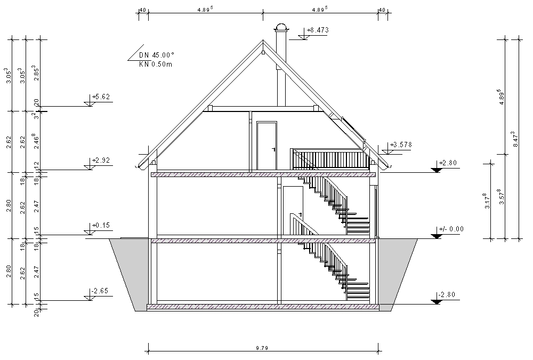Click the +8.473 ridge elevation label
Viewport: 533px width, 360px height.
(318, 30)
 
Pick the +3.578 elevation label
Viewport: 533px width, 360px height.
(401, 145)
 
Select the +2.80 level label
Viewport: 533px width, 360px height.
(448, 163)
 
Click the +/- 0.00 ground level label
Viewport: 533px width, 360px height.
(450, 229)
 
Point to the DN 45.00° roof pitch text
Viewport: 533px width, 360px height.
(157, 55)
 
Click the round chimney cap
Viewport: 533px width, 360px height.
(281, 28)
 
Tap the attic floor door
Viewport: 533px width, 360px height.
(266, 145)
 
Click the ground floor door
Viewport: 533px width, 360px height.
(292, 210)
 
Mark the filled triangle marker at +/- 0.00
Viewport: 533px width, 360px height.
(437, 235)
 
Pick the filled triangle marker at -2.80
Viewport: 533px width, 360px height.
(437, 301)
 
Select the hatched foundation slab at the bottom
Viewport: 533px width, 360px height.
(263, 307)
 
